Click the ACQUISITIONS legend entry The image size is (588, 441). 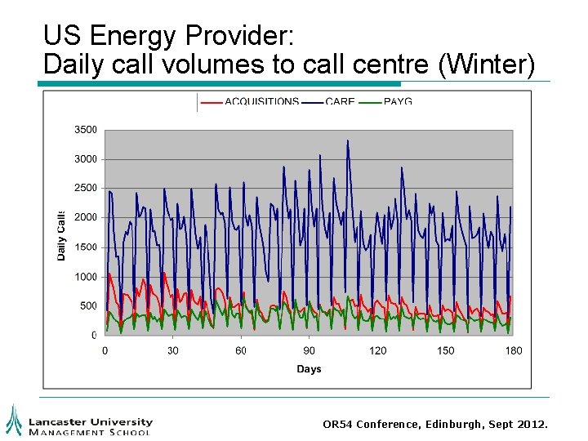[261, 102]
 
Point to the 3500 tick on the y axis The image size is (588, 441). [86, 129]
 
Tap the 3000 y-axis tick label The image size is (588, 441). [86, 158]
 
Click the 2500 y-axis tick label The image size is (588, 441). [86, 188]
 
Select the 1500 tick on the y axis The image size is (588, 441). [86, 247]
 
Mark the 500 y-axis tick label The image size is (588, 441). [88, 305]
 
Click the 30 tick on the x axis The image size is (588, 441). [173, 350]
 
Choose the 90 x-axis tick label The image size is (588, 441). [310, 350]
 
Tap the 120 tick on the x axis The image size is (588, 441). [378, 350]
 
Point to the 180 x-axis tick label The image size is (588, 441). [514, 350]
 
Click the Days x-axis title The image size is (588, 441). [309, 369]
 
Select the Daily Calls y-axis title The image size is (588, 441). [61, 235]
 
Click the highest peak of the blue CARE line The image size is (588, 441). [347, 140]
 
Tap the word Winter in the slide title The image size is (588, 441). [486, 64]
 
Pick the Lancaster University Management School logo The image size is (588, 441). [78, 420]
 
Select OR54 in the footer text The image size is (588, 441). [338, 425]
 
